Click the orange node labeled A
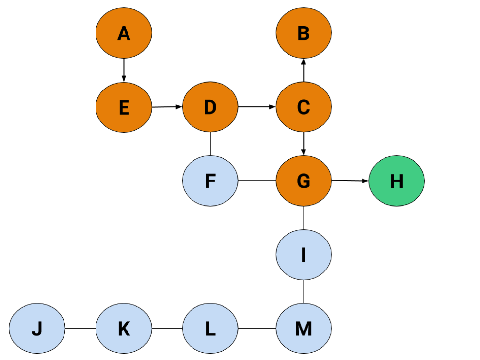pos(124,33)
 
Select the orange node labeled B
pos(303,33)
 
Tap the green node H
pos(396,181)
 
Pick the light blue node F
pos(210,181)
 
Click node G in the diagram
pos(303,181)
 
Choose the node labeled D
pos(210,107)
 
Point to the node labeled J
pos(37,328)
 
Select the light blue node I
pos(303,254)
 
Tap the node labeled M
pos(303,328)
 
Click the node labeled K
pos(124,328)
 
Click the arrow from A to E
pos(124,70)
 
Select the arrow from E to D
pos(167,107)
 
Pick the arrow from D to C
pos(257,107)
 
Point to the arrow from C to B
pos(303,70)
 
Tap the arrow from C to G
pos(303,144)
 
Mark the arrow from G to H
pos(350,181)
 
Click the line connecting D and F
pos(210,144)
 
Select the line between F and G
pos(257,181)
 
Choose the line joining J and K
pos(80,328)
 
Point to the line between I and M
pos(303,292)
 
